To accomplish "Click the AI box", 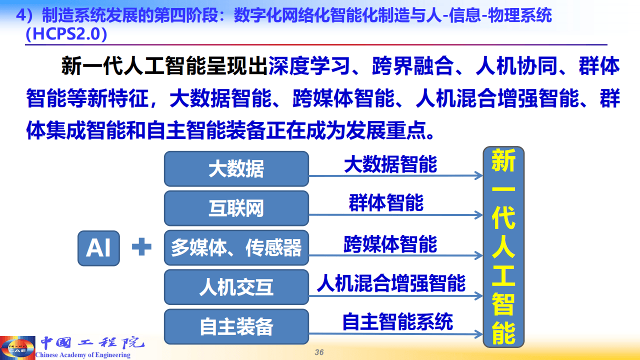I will pyautogui.click(x=98, y=248).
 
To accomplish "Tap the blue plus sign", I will pyautogui.click(x=141, y=247).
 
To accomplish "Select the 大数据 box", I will pyautogui.click(x=236, y=169).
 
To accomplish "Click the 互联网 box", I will pyautogui.click(x=236, y=208).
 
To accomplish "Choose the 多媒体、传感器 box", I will pyautogui.click(x=236, y=248).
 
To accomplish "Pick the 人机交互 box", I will pyautogui.click(x=236, y=287).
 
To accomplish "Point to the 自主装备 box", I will pyautogui.click(x=236, y=327).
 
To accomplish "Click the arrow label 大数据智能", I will pyautogui.click(x=390, y=164).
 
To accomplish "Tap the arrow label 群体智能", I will pyautogui.click(x=386, y=203).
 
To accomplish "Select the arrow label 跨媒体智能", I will pyautogui.click(x=390, y=244).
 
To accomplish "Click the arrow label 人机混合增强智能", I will pyautogui.click(x=391, y=283).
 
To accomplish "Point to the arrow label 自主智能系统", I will pyautogui.click(x=397, y=321).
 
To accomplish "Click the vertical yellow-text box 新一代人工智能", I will pyautogui.click(x=503, y=247).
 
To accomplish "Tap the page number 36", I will pyautogui.click(x=319, y=352).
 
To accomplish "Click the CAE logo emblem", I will pyautogui.click(x=17, y=347).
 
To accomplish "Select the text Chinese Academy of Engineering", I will pyautogui.click(x=83, y=355).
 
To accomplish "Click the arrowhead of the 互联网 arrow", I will pyautogui.click(x=479, y=215).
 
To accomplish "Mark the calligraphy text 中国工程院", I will pyautogui.click(x=92, y=343).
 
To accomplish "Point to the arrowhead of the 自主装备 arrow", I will pyautogui.click(x=479, y=333).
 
